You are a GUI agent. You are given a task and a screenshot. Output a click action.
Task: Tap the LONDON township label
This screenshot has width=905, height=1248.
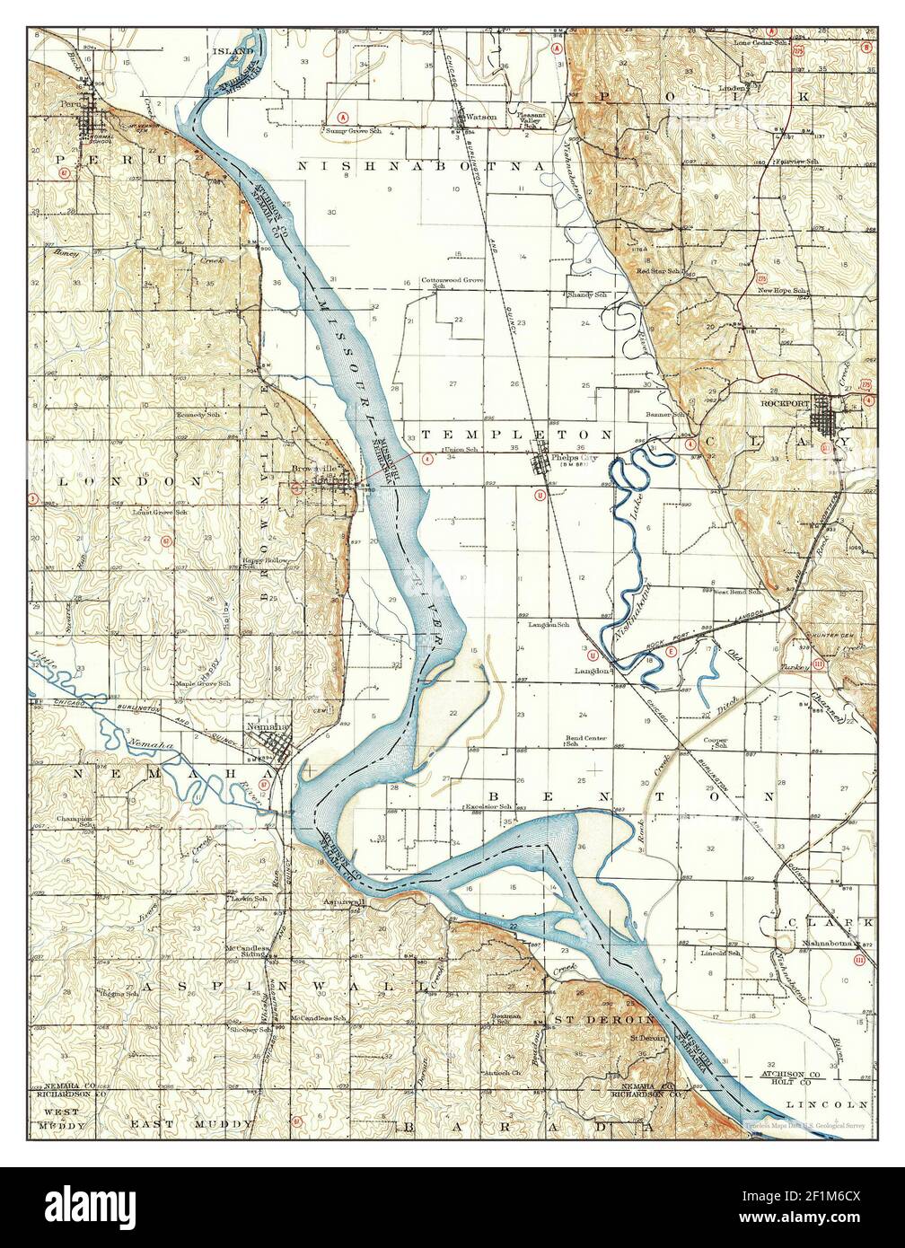point(119,481)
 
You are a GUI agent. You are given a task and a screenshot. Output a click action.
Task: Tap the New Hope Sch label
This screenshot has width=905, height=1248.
point(783,291)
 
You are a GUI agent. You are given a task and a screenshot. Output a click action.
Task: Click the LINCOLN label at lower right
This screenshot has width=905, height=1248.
point(827,1103)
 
